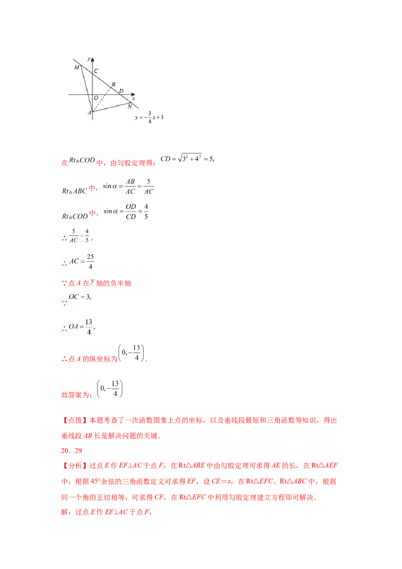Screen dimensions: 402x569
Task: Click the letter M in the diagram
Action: pyautogui.click(x=76, y=67)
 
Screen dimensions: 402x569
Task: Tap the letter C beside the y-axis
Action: pyautogui.click(x=96, y=71)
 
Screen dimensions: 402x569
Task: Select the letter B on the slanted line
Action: pyautogui.click(x=114, y=84)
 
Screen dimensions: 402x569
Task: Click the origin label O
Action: pyautogui.click(x=95, y=98)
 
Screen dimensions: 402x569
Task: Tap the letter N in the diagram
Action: pyautogui.click(x=130, y=107)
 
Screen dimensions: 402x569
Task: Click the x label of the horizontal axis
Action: pyautogui.click(x=133, y=99)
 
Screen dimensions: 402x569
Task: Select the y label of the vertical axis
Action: pyautogui.click(x=88, y=59)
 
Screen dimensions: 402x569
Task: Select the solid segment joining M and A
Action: pyautogui.click(x=86, y=88)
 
